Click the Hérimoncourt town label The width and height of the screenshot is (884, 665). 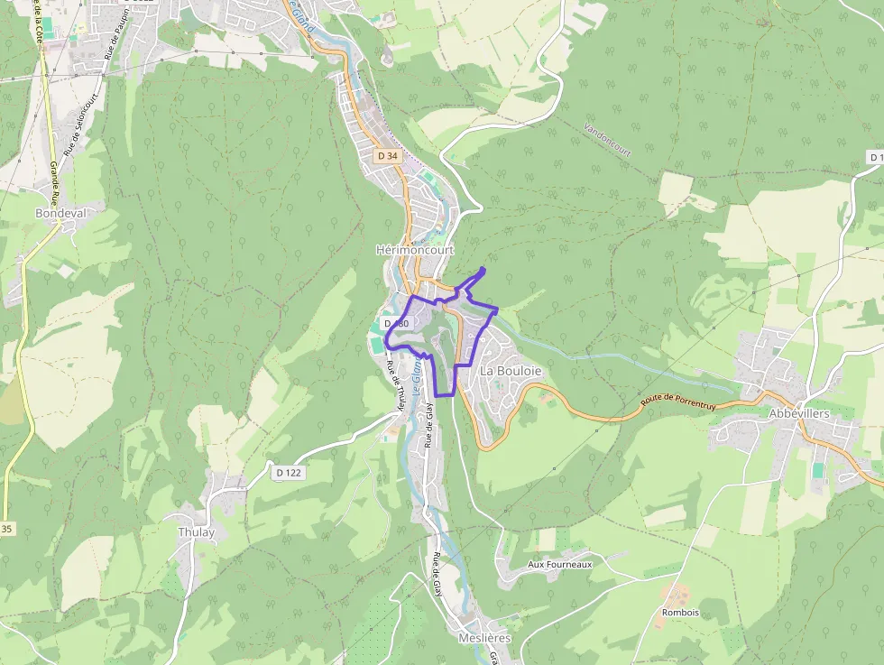pos(415,250)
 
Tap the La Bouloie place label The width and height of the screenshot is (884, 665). pos(511,371)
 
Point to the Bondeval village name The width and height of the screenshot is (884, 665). pos(60,214)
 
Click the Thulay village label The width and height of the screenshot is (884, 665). pos(197,532)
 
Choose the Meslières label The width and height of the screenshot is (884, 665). pos(484,638)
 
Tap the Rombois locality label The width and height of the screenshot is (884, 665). pos(680,613)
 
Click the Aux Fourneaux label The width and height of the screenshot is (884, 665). pos(559,564)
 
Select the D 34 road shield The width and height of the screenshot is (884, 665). pos(388,156)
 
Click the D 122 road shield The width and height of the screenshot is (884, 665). pos(287,472)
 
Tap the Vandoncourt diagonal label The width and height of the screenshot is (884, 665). pos(607,140)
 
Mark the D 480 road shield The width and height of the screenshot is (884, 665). pos(396,323)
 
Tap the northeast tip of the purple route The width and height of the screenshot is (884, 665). pos(483,269)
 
